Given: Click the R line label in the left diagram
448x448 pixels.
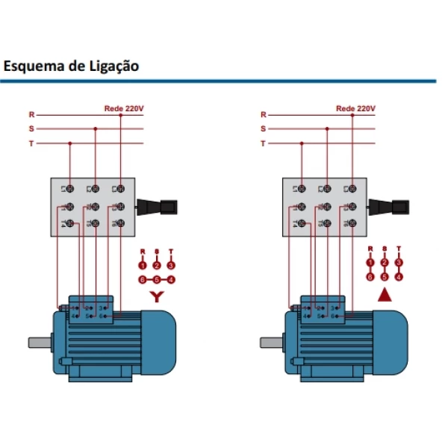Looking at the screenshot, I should pyautogui.click(x=31, y=115).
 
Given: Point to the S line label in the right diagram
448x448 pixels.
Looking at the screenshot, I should pyautogui.click(x=263, y=128).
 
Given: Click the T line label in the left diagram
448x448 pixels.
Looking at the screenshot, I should pyautogui.click(x=31, y=143).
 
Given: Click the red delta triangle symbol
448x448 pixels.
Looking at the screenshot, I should pyautogui.click(x=385, y=294).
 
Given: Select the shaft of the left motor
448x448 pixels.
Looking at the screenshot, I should pyautogui.click(x=39, y=343).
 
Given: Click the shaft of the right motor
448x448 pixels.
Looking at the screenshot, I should pyautogui.click(x=270, y=343).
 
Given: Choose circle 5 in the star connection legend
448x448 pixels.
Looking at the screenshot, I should pyautogui.click(x=156, y=279).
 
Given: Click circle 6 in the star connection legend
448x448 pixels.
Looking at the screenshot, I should pyautogui.click(x=142, y=279).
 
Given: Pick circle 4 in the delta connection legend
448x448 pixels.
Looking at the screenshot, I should pyautogui.click(x=399, y=276).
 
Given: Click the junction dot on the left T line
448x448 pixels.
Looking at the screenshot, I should pyautogui.click(x=69, y=143).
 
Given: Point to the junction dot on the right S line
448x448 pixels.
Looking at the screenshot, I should pyautogui.click(x=326, y=128).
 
